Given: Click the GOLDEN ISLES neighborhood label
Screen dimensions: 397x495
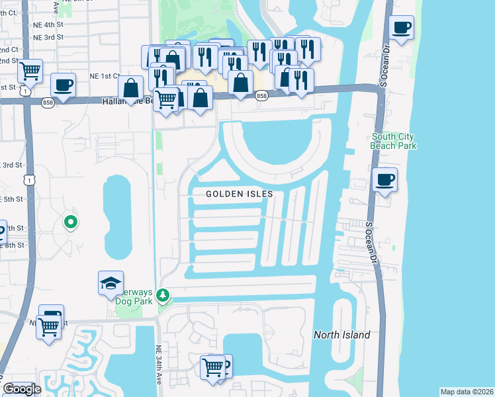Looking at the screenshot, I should point(239,194).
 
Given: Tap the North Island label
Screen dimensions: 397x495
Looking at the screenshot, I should point(341,335).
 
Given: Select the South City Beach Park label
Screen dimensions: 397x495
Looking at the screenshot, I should point(394,141).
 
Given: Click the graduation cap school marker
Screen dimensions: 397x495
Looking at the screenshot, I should point(111,283).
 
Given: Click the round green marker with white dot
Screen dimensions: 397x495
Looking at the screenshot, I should point(71,222).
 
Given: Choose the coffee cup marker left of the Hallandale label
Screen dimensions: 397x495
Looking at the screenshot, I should point(63,85).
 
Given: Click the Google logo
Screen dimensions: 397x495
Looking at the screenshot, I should point(22,389).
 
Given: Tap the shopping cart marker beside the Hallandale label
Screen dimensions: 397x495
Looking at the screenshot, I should point(166,100).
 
